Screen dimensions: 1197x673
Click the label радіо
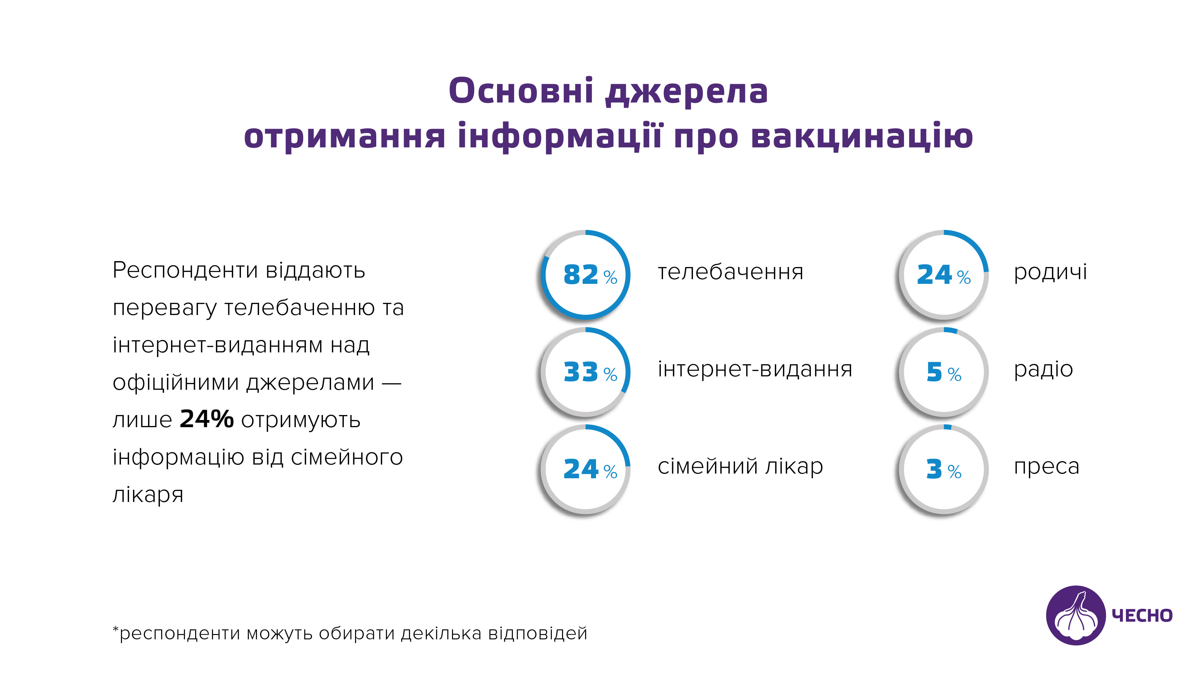click(1043, 370)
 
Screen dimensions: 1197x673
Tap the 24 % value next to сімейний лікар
click(590, 469)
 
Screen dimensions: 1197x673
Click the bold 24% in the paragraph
click(207, 419)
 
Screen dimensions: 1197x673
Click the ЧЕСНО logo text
click(1142, 616)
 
